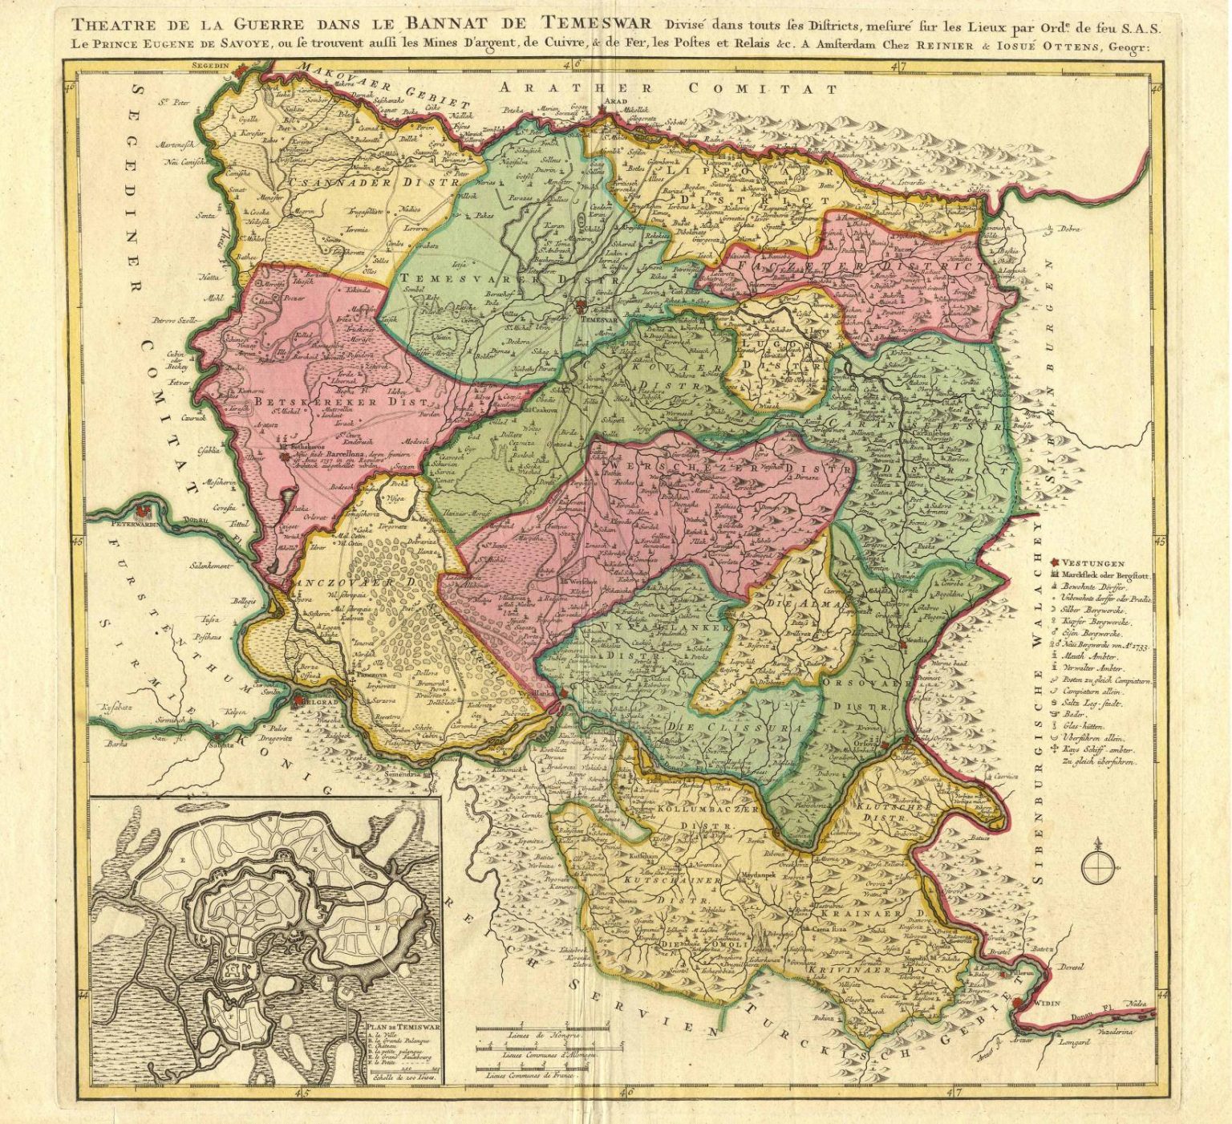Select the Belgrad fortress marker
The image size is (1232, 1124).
click(298, 700)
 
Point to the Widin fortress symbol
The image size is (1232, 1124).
click(1018, 1002)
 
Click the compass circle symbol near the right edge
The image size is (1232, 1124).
click(1098, 866)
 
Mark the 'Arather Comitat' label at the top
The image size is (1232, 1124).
click(666, 88)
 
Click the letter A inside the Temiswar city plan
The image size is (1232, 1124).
click(240, 904)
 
